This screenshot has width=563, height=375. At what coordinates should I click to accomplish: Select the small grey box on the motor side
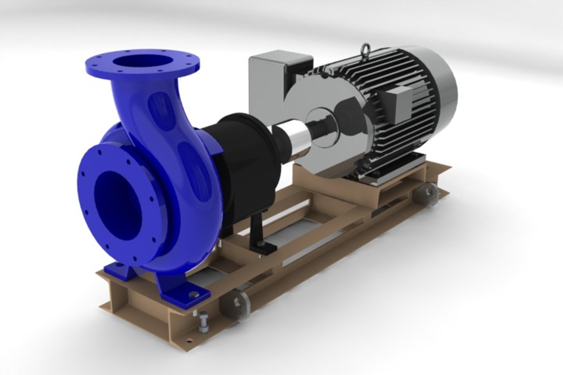point(396,104)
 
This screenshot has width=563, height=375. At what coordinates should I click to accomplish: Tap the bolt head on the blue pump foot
point(193,295)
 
